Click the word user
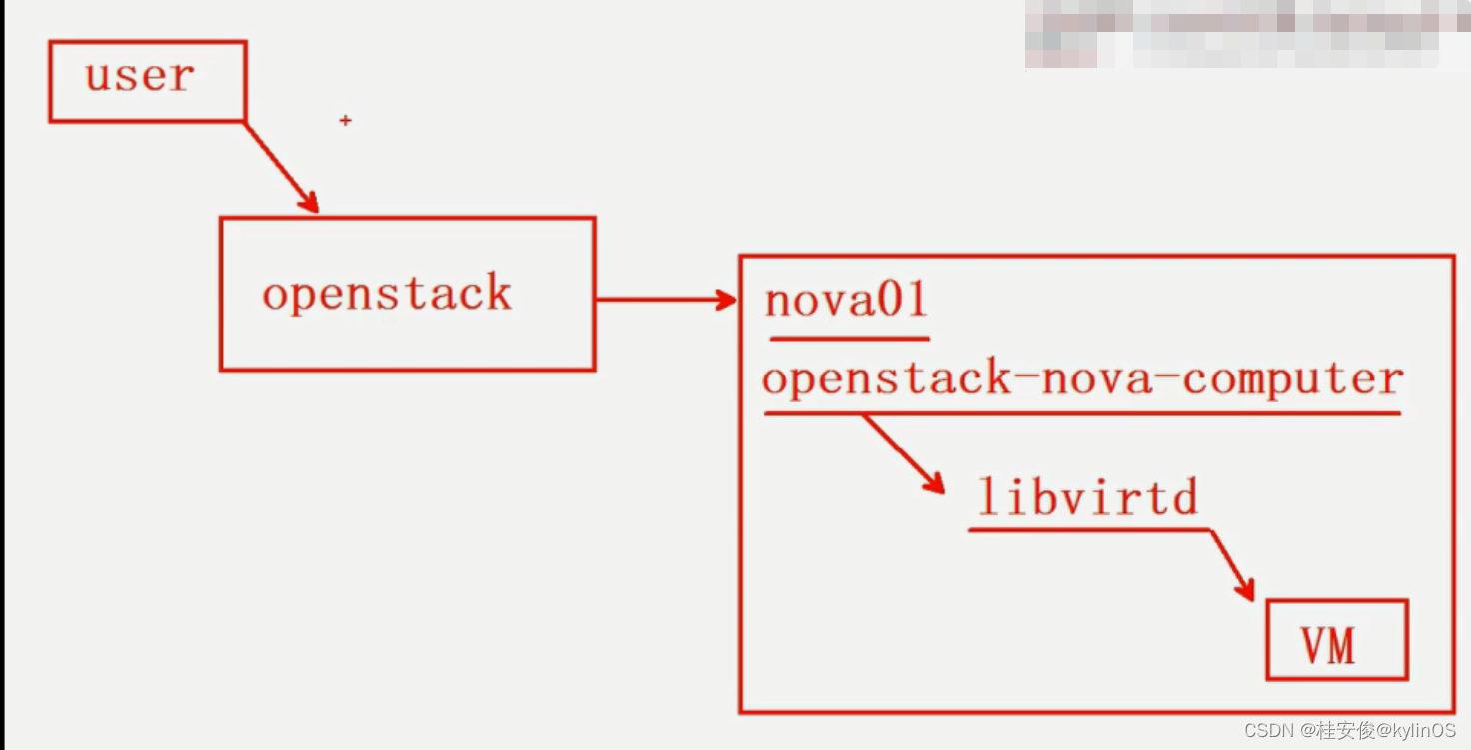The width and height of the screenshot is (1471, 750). tap(139, 76)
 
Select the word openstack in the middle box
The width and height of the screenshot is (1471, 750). tap(387, 295)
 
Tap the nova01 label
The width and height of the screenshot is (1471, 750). tap(846, 300)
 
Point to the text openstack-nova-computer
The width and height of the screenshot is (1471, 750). tap(1083, 379)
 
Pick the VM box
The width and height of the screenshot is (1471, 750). tap(1336, 640)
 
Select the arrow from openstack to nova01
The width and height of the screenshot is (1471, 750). tap(666, 299)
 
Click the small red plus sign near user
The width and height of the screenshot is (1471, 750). tap(345, 121)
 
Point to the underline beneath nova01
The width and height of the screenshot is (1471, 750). tap(849, 339)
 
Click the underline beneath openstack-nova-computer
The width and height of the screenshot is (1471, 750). tap(1081, 412)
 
